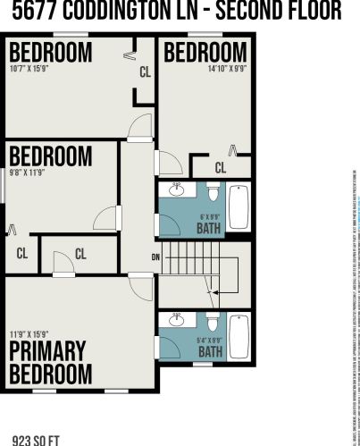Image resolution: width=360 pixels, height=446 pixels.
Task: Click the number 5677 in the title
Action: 35,11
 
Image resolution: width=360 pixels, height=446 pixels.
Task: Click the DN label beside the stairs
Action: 156,257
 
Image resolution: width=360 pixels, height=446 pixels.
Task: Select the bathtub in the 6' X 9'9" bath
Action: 239,207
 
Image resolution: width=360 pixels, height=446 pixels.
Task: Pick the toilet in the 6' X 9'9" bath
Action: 213,192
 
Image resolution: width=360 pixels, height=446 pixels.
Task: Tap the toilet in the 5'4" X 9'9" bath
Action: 213,322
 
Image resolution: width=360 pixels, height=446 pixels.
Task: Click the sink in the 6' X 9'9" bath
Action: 177,189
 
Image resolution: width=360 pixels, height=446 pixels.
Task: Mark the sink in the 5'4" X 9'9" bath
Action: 177,319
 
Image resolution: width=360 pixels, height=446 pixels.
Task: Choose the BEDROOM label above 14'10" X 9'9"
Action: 205,51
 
